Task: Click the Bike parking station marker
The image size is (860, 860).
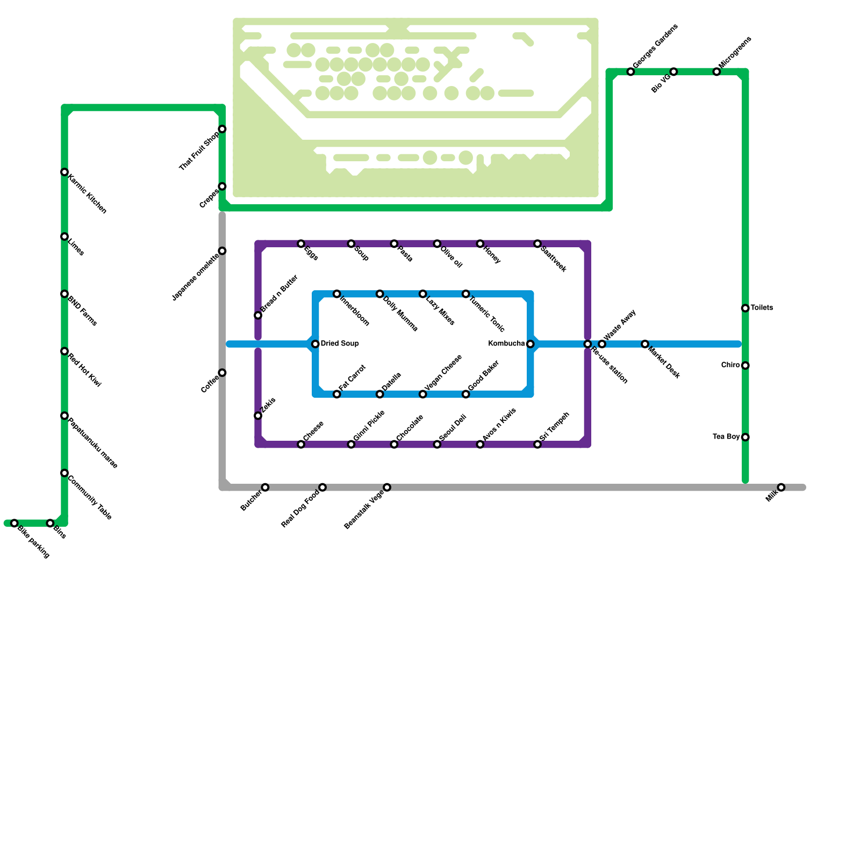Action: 15,524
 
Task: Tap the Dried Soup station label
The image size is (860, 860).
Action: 340,343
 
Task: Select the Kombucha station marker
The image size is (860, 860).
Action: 531,344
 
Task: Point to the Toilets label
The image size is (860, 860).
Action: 762,308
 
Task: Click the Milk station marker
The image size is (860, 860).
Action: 781,488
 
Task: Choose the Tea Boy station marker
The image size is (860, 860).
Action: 746,438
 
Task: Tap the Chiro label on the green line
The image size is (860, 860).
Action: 730,365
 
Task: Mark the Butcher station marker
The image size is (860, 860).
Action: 265,488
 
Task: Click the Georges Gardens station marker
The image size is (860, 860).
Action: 630,72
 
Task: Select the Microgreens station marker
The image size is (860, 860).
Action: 716,72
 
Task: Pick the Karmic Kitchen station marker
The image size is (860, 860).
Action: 64,172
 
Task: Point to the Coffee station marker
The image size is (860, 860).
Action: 222,373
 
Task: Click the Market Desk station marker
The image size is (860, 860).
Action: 645,344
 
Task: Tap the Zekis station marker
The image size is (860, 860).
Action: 258,416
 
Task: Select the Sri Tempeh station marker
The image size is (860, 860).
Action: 537,445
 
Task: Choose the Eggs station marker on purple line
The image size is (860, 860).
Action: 301,244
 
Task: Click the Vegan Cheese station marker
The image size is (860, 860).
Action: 423,395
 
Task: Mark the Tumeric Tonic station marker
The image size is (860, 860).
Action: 466,294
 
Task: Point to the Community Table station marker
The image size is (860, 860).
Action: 64,473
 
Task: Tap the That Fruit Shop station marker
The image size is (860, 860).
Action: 222,129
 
